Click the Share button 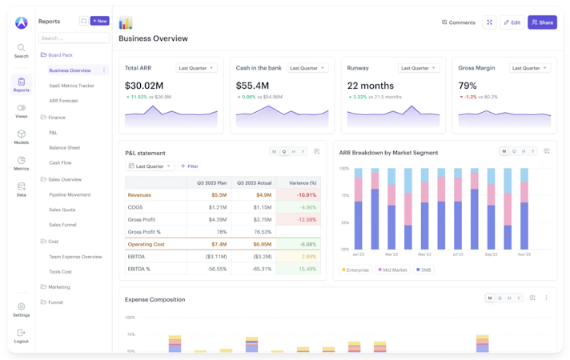(542, 22)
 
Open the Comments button (459, 22)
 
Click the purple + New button (100, 21)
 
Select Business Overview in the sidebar (70, 70)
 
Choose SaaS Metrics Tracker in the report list (71, 86)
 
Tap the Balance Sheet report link (64, 148)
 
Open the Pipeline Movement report (70, 194)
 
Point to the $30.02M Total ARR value (144, 86)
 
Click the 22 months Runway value (370, 86)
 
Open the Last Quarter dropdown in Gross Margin (530, 68)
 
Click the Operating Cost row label (146, 244)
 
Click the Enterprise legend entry (355, 270)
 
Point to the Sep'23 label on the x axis (491, 254)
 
